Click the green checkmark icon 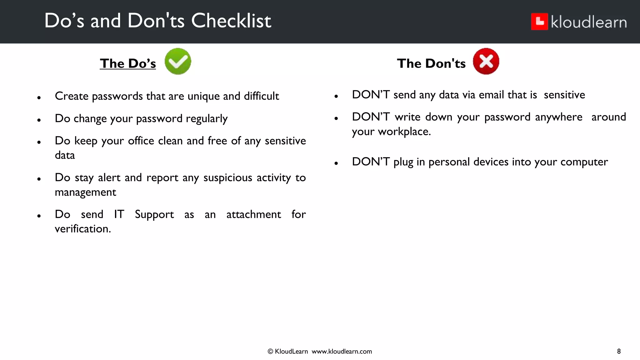click(x=178, y=61)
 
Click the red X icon click(x=486, y=61)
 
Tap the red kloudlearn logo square click(x=539, y=22)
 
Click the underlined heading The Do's click(x=128, y=63)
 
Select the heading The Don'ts click(x=431, y=63)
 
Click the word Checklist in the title click(x=231, y=21)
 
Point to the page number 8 click(x=619, y=351)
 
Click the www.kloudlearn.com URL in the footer click(x=342, y=352)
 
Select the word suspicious click(x=228, y=177)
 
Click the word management click(x=85, y=192)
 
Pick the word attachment click(x=253, y=214)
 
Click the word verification click(x=83, y=229)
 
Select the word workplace click(x=404, y=132)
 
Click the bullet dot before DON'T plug click(x=336, y=163)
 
